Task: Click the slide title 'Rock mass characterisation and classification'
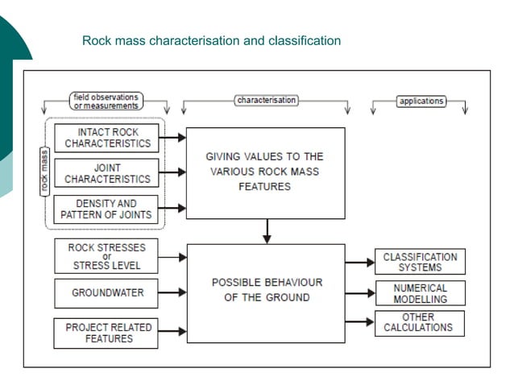(211, 40)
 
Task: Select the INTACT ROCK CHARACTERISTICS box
(107, 138)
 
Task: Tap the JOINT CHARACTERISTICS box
(107, 173)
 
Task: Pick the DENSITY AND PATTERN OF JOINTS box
(107, 209)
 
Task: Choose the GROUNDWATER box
(106, 292)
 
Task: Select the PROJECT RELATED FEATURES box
(106, 333)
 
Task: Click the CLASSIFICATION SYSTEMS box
(420, 262)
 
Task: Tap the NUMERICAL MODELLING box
(420, 293)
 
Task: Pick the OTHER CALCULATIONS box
(420, 322)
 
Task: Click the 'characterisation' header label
(266, 101)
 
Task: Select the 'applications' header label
(421, 101)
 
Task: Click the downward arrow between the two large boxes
(267, 231)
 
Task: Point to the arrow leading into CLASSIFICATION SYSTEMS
(359, 262)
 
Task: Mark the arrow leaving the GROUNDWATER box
(173, 293)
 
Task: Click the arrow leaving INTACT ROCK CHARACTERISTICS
(173, 138)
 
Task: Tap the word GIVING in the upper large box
(222, 156)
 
